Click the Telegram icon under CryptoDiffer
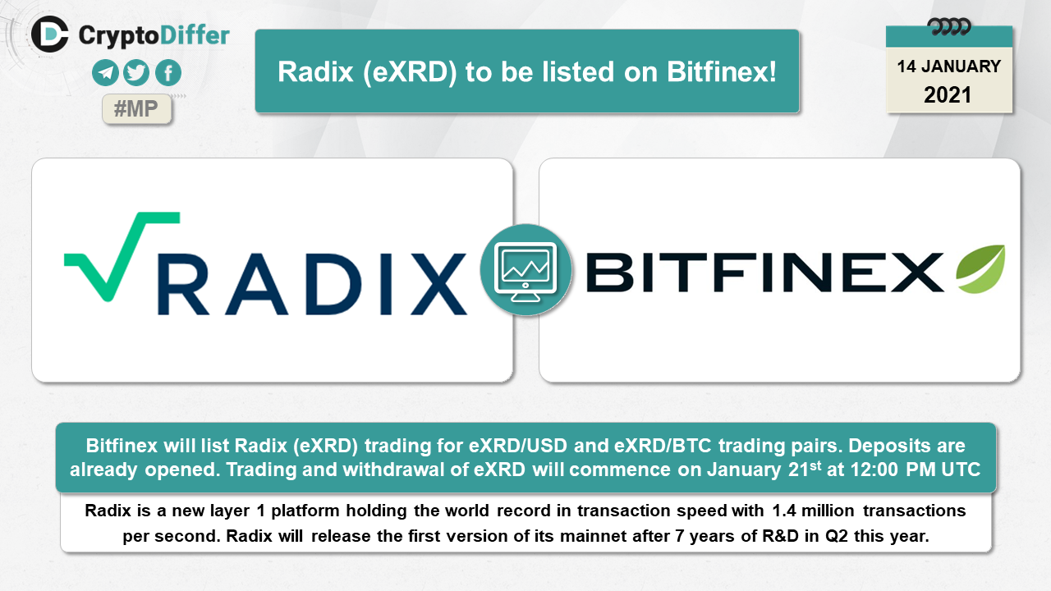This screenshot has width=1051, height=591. [x=105, y=73]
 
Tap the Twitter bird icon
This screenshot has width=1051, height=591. [x=136, y=73]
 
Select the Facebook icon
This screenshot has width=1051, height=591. [x=168, y=73]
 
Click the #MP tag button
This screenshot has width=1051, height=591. [x=136, y=109]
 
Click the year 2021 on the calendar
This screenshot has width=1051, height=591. [x=948, y=95]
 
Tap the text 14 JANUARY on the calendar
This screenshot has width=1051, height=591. [x=948, y=66]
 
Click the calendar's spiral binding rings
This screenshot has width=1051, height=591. [x=948, y=27]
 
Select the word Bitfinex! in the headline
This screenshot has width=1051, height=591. [x=722, y=71]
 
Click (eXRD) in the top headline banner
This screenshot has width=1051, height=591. [x=410, y=73]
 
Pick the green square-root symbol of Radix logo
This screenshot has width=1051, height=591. [x=122, y=257]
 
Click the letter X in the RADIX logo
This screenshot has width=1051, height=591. [x=438, y=284]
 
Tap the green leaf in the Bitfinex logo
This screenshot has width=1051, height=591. [x=980, y=268]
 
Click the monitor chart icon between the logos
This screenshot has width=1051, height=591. [x=525, y=270]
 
